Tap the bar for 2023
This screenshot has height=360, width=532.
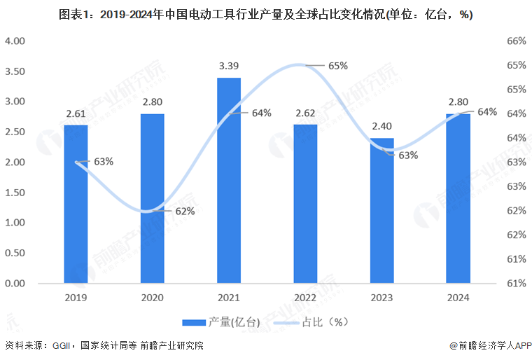click(382, 211)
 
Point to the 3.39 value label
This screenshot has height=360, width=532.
click(229, 66)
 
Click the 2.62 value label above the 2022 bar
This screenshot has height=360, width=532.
click(305, 112)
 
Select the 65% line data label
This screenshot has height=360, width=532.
click(338, 66)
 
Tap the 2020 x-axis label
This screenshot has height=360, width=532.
click(152, 297)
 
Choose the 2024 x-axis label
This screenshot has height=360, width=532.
click(458, 297)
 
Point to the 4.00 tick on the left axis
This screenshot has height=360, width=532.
click(15, 41)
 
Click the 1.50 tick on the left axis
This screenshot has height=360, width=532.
click(15, 193)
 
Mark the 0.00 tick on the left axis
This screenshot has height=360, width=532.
click(15, 284)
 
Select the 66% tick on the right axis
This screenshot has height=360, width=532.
click(516, 41)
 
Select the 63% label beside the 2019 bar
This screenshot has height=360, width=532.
click(104, 162)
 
